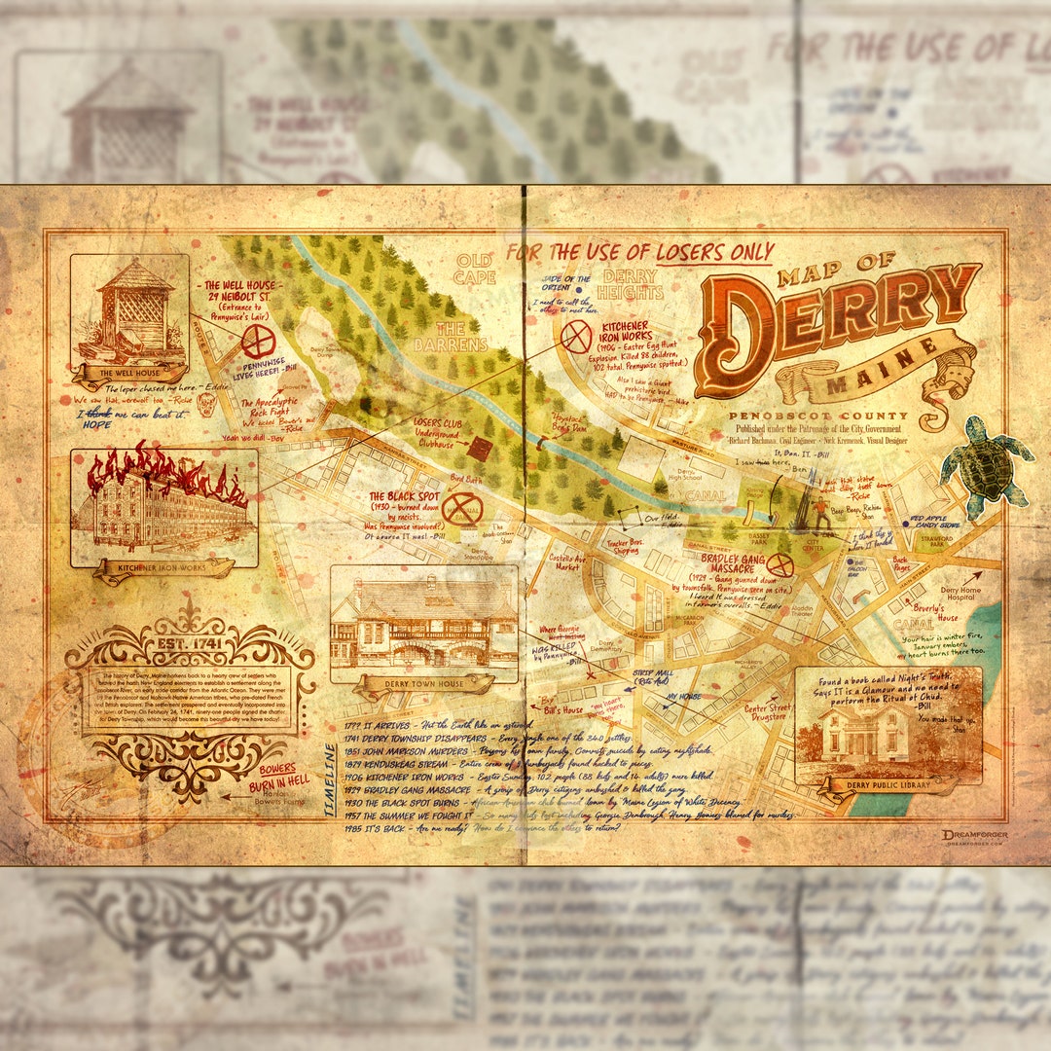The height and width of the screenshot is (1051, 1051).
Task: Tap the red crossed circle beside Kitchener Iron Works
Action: pos(576,337)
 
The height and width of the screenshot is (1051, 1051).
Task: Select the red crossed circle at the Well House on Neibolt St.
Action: pos(259,342)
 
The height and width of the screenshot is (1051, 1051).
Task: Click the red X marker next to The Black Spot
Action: pos(462,509)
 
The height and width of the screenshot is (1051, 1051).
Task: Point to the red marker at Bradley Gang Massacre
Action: pos(779,564)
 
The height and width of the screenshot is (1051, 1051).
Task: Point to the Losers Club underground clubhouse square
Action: pos(480,449)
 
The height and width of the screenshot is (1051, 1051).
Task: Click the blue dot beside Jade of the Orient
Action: pos(578,289)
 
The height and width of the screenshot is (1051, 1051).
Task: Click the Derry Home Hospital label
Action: pos(960,595)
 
